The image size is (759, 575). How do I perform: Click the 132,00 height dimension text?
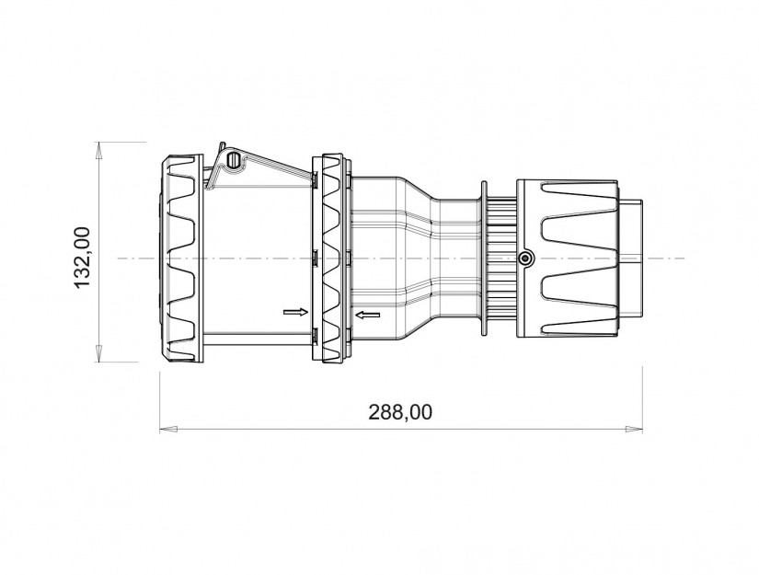[82, 259]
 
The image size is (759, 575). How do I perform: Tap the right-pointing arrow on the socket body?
[294, 312]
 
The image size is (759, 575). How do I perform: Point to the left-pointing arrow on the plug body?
[368, 316]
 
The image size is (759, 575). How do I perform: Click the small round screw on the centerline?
[524, 259]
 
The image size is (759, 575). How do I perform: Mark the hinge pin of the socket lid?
[233, 162]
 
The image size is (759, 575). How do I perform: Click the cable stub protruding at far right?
[634, 259]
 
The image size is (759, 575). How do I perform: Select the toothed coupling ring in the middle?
[331, 259]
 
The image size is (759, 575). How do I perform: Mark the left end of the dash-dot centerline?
[121, 259]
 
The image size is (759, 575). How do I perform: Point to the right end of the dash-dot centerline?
[685, 259]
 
